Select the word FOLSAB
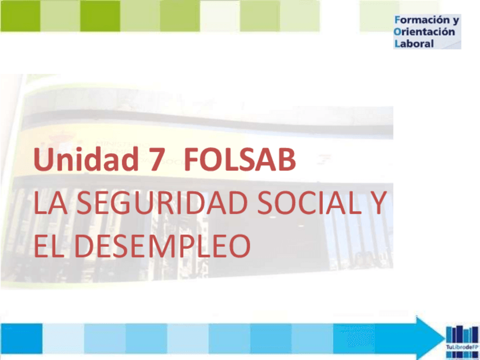(239, 161)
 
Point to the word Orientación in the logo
(424, 32)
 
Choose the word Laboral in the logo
(414, 43)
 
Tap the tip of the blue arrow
(439, 337)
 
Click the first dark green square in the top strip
(20, 16)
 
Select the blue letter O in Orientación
(397, 32)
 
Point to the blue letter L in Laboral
(397, 43)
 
